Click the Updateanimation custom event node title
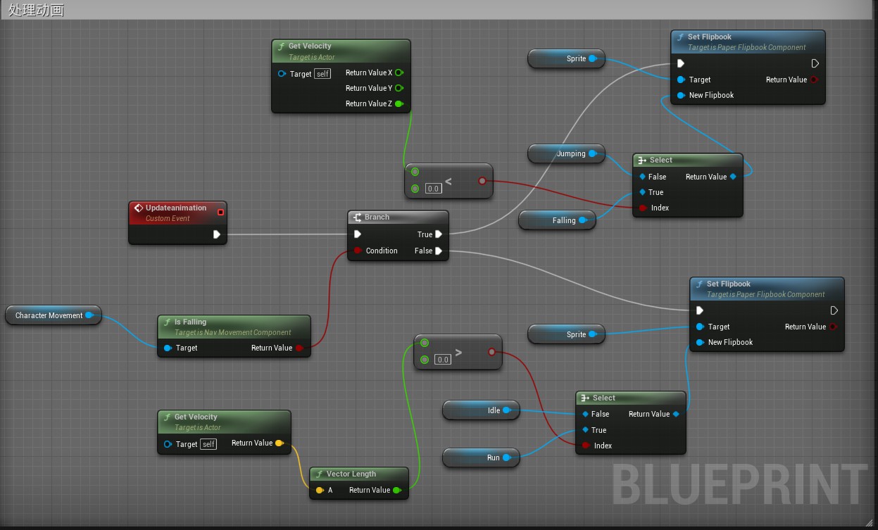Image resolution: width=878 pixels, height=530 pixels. [175, 208]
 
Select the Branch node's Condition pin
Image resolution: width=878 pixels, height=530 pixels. [358, 251]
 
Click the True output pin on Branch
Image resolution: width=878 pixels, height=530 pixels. [439, 234]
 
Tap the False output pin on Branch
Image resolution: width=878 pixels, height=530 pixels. [439, 251]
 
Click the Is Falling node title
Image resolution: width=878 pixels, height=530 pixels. [190, 322]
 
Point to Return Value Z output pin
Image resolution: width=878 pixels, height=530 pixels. [399, 103]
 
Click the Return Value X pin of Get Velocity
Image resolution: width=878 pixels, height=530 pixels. [399, 72]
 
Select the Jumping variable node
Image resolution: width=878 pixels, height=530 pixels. [566, 153]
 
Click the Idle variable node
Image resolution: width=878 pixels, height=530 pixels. [481, 410]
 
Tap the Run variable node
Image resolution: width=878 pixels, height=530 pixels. [481, 458]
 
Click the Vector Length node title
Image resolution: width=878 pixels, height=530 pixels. [351, 474]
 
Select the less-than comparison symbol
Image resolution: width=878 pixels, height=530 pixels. [449, 182]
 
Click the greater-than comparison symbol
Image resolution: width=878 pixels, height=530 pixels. [458, 352]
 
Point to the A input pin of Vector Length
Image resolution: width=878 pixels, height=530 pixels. [320, 490]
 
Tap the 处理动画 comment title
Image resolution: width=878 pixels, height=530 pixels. [36, 9]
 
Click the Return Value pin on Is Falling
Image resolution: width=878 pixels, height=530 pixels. [299, 348]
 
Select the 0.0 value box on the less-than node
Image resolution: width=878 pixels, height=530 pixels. [434, 189]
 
